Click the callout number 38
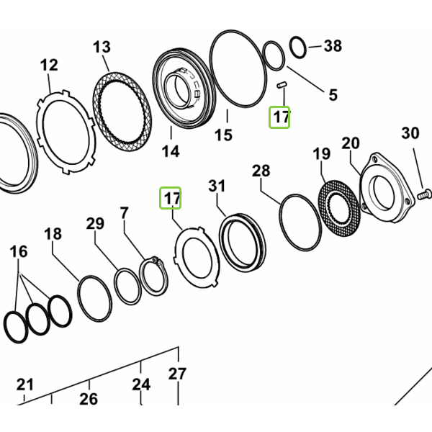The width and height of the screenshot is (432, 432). click(333, 46)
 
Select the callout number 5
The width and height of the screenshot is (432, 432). click(333, 95)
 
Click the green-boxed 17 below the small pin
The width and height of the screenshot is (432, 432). click(279, 117)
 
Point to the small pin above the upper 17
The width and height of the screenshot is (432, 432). click(282, 85)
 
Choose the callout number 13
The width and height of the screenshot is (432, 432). click(102, 47)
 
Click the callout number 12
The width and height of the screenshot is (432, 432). click(49, 66)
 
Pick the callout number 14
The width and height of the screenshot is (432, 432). click(171, 151)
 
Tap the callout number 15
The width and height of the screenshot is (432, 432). click(223, 135)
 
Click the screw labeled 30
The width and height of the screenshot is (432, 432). click(424, 194)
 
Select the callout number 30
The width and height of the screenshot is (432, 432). click(410, 133)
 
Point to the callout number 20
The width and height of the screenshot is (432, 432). click(351, 143)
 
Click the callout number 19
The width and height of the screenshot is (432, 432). click(322, 154)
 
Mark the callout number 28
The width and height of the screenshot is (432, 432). click(261, 171)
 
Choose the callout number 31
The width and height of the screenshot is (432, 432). click(217, 186)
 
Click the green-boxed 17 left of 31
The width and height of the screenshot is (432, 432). click(170, 198)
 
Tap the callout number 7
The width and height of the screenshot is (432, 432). click(125, 212)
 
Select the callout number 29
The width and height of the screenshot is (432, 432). click(95, 223)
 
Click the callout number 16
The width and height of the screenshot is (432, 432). click(19, 252)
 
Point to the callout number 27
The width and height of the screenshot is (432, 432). click(177, 374)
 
